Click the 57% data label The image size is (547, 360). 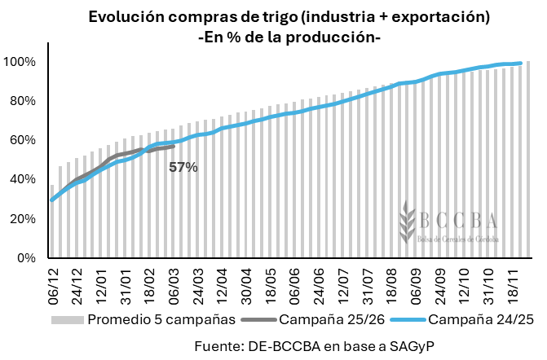tap(183, 167)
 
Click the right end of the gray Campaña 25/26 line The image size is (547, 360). tap(173, 147)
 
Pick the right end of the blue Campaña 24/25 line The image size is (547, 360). tap(520, 64)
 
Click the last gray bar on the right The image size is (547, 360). tap(528, 160)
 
